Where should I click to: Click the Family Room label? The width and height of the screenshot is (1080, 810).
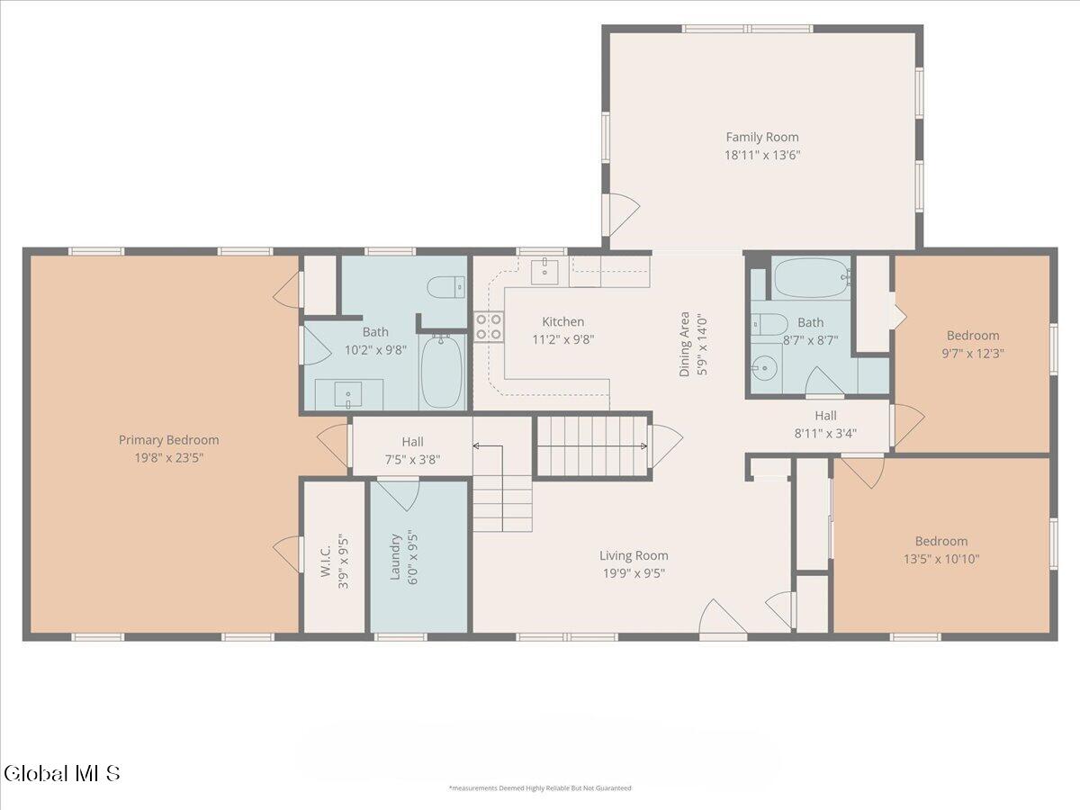pyautogui.click(x=762, y=137)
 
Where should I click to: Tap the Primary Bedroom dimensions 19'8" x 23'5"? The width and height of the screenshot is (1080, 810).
pyautogui.click(x=169, y=458)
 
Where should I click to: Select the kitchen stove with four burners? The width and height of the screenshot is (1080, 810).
pyautogui.click(x=489, y=327)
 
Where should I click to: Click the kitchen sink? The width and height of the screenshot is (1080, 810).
pyautogui.click(x=544, y=271)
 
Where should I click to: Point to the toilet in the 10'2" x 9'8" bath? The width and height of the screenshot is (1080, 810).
pyautogui.click(x=445, y=287)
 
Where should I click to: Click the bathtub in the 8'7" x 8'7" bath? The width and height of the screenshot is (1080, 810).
pyautogui.click(x=812, y=278)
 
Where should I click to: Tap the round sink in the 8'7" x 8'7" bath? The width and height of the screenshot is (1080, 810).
pyautogui.click(x=764, y=367)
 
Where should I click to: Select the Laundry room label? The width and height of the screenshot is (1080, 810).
pyautogui.click(x=395, y=556)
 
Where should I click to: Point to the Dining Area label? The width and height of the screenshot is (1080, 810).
pyautogui.click(x=684, y=345)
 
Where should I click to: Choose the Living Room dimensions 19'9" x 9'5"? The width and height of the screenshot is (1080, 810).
pyautogui.click(x=634, y=573)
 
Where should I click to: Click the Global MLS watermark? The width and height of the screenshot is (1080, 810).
pyautogui.click(x=61, y=773)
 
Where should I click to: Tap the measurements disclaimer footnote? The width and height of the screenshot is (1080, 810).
pyautogui.click(x=540, y=787)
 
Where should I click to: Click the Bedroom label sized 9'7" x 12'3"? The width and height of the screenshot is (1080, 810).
pyautogui.click(x=973, y=336)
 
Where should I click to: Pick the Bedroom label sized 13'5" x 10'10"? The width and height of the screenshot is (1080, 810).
pyautogui.click(x=941, y=541)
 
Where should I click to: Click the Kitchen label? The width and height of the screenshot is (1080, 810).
pyautogui.click(x=562, y=321)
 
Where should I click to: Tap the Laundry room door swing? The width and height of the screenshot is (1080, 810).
pyautogui.click(x=399, y=495)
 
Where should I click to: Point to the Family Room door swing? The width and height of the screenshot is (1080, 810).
pyautogui.click(x=624, y=214)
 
